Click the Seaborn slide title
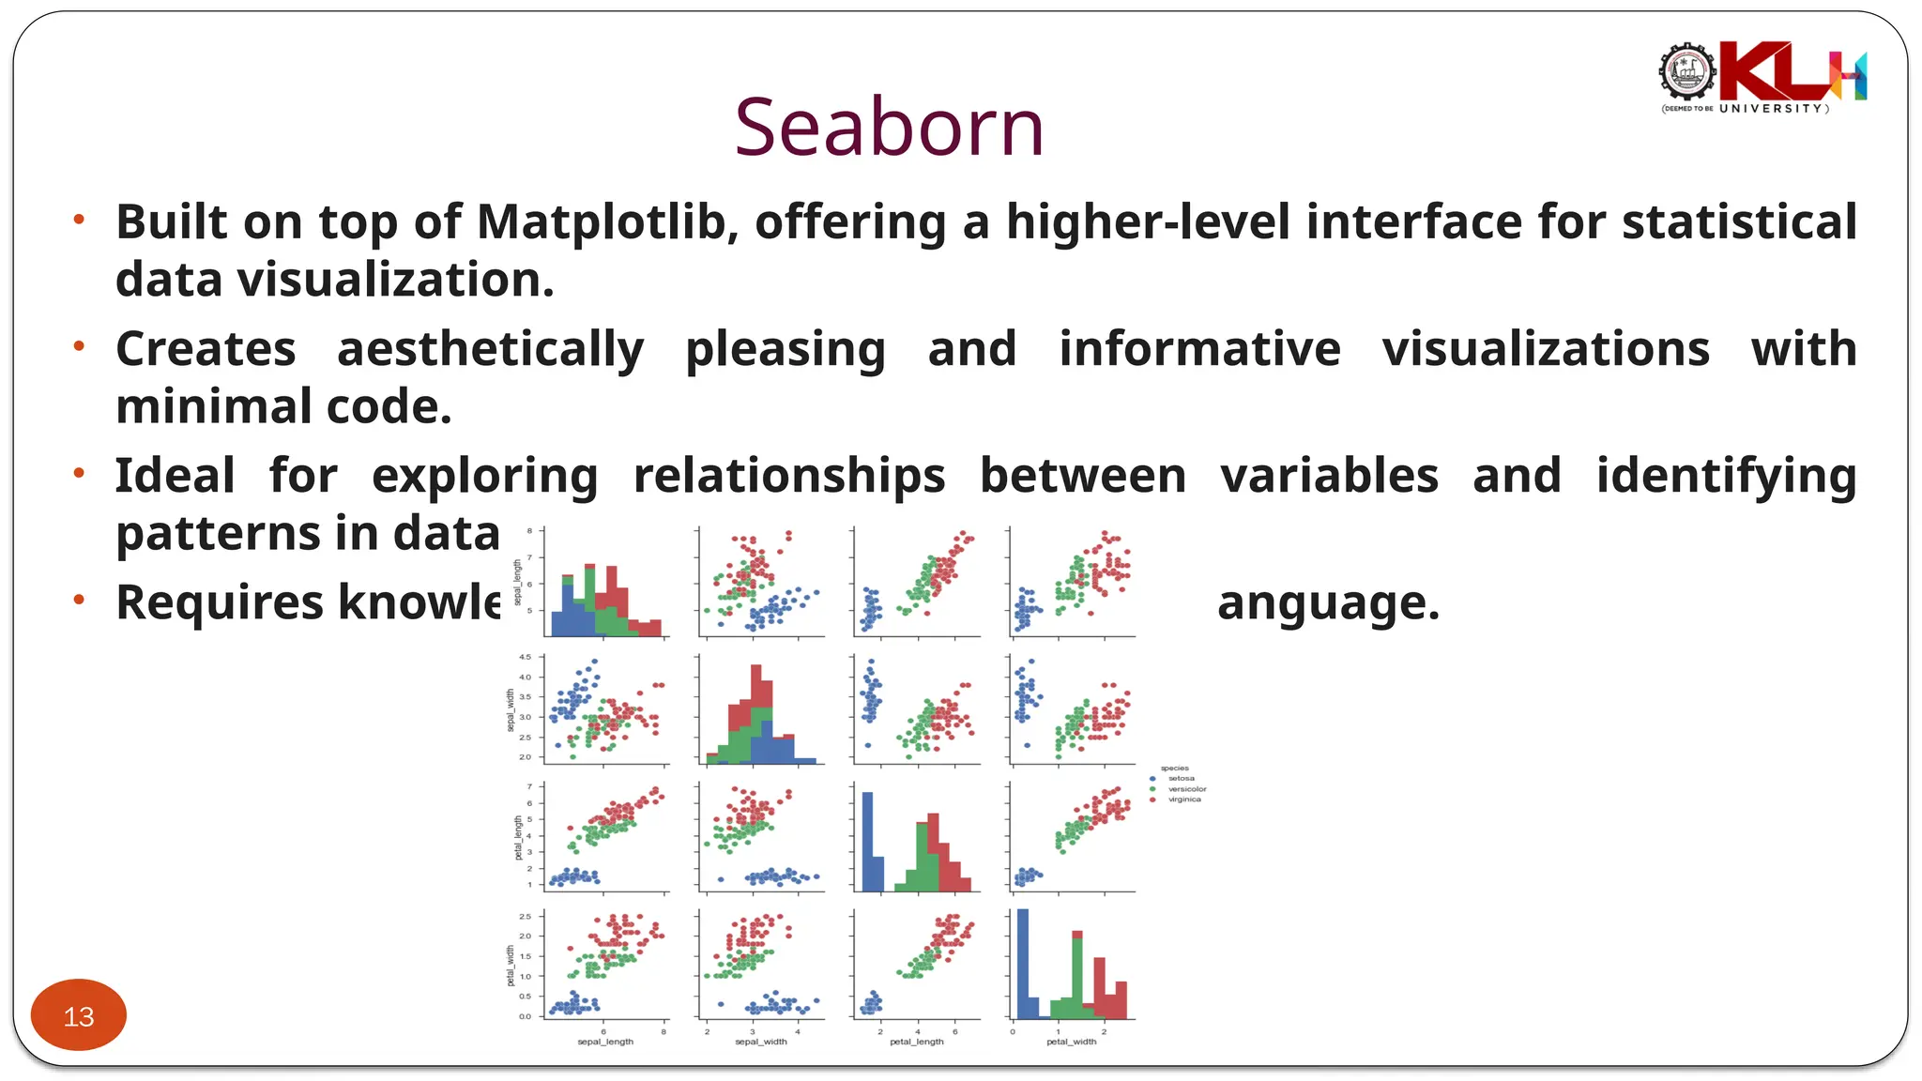pyautogui.click(x=889, y=128)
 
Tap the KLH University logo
pyautogui.click(x=1762, y=77)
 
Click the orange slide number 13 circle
pyautogui.click(x=79, y=1015)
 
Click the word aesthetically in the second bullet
pyautogui.click(x=490, y=350)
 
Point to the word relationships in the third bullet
pyautogui.click(x=788, y=477)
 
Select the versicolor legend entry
pyautogui.click(x=1186, y=789)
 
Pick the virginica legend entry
pyautogui.click(x=1183, y=799)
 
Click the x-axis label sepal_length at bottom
pyautogui.click(x=605, y=1042)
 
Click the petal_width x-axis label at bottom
pyautogui.click(x=1071, y=1042)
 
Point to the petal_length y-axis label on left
pyautogui.click(x=518, y=837)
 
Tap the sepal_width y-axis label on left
pyautogui.click(x=511, y=710)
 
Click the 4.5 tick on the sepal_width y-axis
pyautogui.click(x=525, y=657)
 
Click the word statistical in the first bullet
pyautogui.click(x=1739, y=223)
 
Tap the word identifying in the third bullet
pyautogui.click(x=1725, y=477)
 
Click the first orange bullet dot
pyautogui.click(x=80, y=221)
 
